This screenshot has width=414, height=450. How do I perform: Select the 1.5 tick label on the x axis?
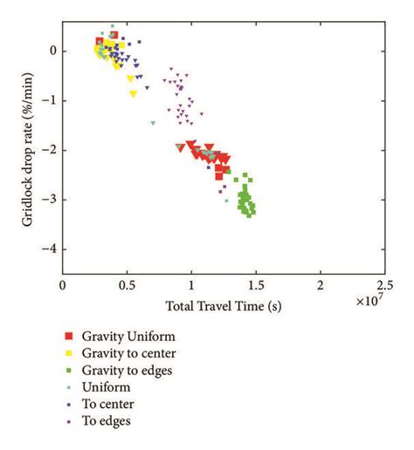point(256,284)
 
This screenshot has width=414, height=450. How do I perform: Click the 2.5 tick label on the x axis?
point(384,284)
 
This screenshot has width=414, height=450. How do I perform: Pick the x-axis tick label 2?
point(321,284)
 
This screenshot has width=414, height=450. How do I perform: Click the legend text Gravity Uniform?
point(128,335)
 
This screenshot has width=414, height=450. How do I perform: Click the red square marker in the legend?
point(67,335)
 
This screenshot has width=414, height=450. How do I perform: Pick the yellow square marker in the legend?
point(67,352)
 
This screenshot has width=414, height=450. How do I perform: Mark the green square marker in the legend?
point(67,370)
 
